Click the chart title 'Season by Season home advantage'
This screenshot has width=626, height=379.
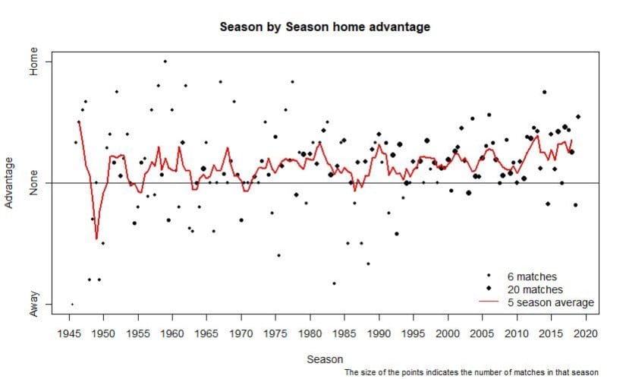(325, 27)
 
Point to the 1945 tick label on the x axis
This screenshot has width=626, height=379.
(70, 333)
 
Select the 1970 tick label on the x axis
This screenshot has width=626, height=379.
(241, 333)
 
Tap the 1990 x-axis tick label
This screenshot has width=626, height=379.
(379, 333)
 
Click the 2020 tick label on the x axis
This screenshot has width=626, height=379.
(586, 333)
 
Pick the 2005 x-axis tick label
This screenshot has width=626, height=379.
(483, 333)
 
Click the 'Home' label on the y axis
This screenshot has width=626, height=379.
(33, 62)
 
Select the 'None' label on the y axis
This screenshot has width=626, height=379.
(33, 183)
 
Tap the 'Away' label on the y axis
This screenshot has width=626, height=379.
(33, 304)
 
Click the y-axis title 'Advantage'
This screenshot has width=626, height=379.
(9, 183)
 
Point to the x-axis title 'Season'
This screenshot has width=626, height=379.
(325, 359)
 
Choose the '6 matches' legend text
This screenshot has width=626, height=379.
(532, 276)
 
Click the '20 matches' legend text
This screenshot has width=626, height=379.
(535, 289)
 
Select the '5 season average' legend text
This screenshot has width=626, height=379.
(551, 302)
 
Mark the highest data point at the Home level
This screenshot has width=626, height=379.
(165, 62)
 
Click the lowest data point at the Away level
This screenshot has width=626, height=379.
(72, 305)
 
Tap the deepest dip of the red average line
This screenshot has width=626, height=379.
(96, 238)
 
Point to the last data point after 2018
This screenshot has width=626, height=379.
(578, 117)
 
